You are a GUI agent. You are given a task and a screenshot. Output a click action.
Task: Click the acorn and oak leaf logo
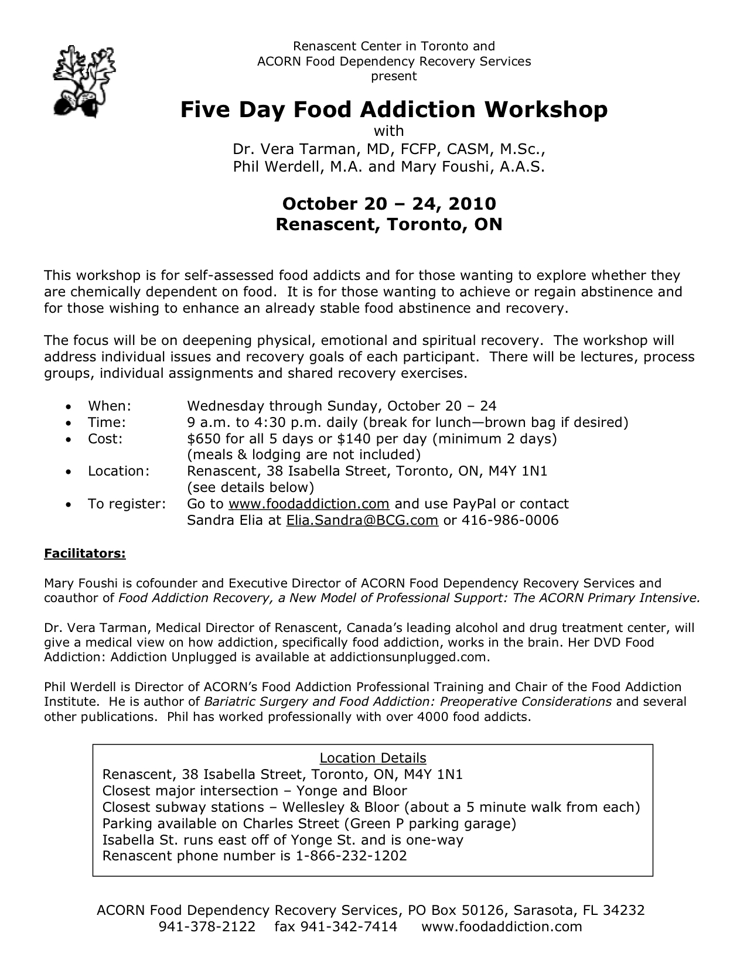84,82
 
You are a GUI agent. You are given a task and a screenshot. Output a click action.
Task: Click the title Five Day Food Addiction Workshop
393,110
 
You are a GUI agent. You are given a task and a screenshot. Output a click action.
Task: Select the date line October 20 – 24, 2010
389,203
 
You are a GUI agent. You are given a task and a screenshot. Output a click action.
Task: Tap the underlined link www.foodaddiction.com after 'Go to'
309,504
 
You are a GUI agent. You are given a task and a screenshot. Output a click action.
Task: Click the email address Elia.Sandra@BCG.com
362,520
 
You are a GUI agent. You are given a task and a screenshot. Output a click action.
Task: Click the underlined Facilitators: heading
85,553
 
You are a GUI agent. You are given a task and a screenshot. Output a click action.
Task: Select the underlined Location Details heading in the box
373,758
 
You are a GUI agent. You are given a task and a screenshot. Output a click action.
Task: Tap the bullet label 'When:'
109,406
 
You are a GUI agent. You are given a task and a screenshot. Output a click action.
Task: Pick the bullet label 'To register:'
127,504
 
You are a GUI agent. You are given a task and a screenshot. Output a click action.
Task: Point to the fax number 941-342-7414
349,926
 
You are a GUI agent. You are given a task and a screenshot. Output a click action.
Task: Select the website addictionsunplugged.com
408,657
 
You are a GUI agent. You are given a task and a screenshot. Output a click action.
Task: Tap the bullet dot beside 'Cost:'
70,439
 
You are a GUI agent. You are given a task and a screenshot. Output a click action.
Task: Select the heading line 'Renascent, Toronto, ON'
389,224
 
